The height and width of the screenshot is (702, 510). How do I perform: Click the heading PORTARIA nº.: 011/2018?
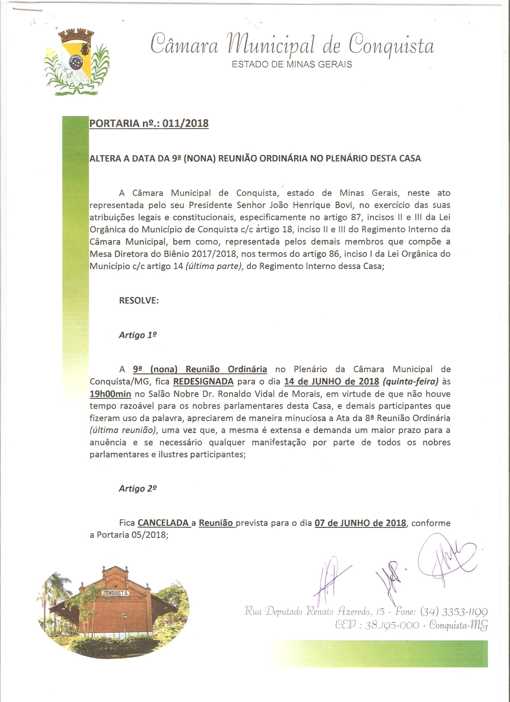click(149, 123)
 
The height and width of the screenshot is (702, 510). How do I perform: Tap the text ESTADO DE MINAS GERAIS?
click(292, 65)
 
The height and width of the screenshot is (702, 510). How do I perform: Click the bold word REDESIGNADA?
click(203, 381)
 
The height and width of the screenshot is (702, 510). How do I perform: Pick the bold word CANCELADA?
click(163, 523)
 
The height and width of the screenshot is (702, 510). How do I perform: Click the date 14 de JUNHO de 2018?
click(331, 381)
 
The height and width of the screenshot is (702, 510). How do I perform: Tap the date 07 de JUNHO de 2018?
click(360, 523)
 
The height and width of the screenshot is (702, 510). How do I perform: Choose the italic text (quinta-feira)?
click(411, 382)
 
